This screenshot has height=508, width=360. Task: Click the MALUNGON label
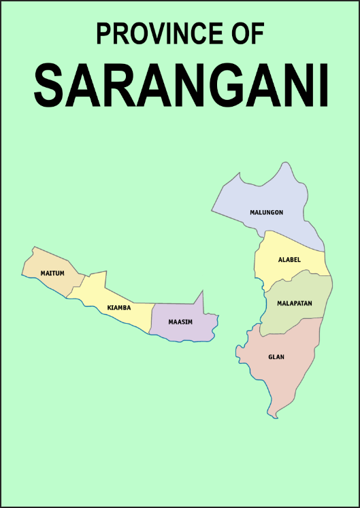point(266,212)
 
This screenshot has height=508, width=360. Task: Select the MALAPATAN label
point(294,303)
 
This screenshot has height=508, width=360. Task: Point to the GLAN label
point(276,356)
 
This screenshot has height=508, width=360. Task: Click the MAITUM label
point(52,273)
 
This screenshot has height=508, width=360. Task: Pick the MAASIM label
point(180,321)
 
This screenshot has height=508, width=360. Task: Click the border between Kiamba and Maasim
point(150,318)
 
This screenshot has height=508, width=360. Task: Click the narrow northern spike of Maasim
point(201,297)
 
